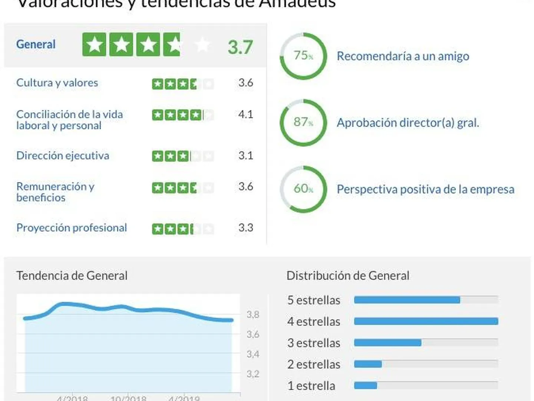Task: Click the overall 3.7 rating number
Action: tap(240, 47)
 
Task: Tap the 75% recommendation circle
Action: tap(303, 56)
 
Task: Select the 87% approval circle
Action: tap(303, 123)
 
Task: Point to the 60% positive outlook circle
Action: tap(303, 189)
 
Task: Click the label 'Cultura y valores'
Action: tap(57, 83)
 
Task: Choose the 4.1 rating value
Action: tap(245, 114)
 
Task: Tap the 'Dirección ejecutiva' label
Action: tap(63, 156)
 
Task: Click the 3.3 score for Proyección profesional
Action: tap(245, 228)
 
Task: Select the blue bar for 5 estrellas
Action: tap(407, 300)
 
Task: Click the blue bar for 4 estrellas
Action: tap(426, 322)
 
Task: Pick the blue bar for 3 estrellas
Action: tap(388, 343)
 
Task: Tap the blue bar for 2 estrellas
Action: tap(368, 364)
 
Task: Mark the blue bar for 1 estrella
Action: tap(365, 386)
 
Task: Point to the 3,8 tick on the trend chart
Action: tap(253, 315)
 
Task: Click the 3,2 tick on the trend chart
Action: tap(253, 374)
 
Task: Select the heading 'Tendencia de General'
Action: tap(72, 276)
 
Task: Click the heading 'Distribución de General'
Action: tap(348, 276)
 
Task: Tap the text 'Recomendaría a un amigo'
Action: tap(403, 56)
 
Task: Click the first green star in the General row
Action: tap(94, 45)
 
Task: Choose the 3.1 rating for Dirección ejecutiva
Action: tap(245, 156)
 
